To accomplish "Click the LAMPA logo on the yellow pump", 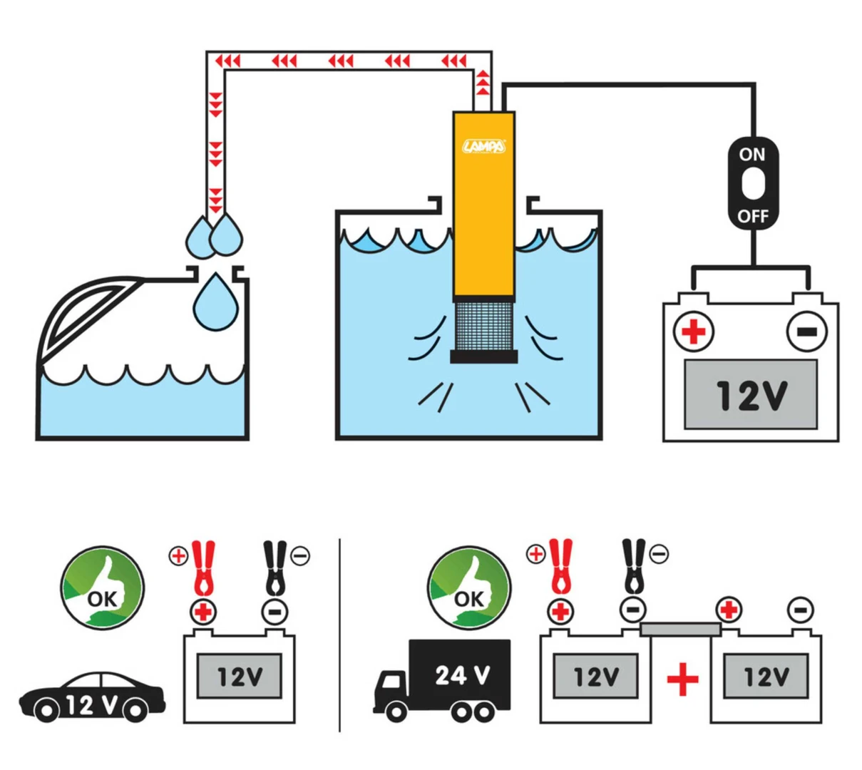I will click(484, 147).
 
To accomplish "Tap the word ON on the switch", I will click(752, 154).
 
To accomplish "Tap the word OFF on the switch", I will click(753, 216).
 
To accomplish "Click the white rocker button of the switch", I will click(753, 185).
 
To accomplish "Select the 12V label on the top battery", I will click(751, 395).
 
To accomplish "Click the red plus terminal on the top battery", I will click(694, 332).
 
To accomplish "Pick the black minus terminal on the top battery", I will click(806, 332).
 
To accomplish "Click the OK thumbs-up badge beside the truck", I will click(468, 588).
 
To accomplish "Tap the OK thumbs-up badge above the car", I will click(102, 588).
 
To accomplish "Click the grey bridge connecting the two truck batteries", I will click(680, 629).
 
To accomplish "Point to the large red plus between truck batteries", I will click(682, 679).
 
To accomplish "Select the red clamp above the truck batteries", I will click(560, 566).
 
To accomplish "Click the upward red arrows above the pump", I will click(483, 82).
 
